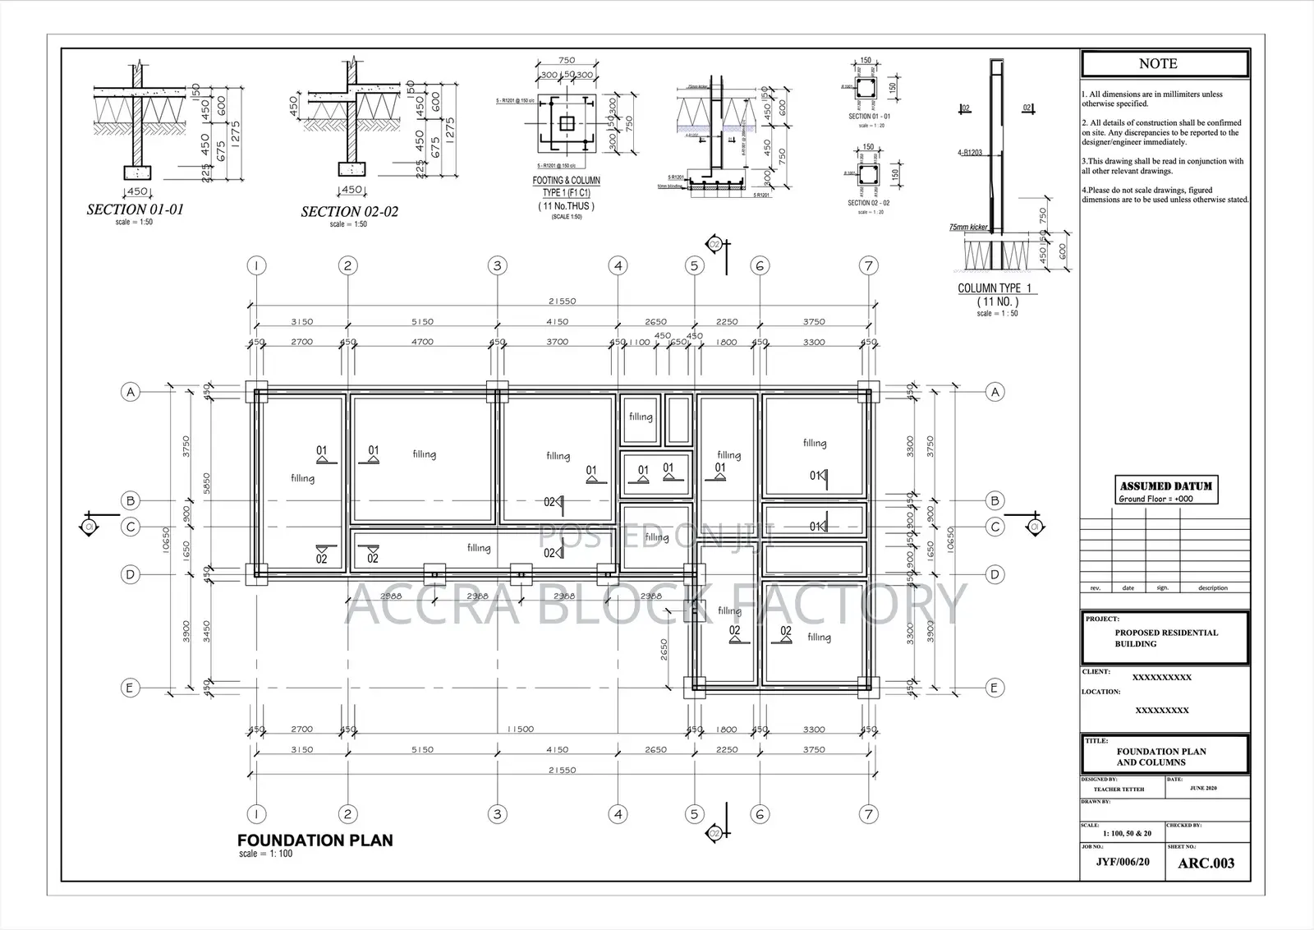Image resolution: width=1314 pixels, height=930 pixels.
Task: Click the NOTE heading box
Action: (x=1165, y=64)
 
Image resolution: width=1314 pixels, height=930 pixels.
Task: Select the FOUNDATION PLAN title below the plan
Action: (x=315, y=840)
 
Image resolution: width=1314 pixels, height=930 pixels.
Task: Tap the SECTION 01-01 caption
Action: (x=136, y=209)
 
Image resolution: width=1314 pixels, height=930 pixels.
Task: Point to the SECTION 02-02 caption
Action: (x=349, y=212)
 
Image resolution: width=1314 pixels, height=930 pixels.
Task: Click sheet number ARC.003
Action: (x=1206, y=863)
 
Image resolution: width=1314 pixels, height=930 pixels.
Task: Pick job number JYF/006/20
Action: (x=1122, y=863)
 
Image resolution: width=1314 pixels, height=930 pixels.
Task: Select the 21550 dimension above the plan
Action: (x=562, y=301)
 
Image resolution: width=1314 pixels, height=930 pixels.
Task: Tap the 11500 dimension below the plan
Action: (x=521, y=730)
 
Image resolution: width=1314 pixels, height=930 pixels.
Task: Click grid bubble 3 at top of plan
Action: (x=497, y=265)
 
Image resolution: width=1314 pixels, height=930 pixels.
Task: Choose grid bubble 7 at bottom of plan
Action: (x=868, y=814)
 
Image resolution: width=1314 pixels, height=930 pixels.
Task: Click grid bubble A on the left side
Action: (x=130, y=392)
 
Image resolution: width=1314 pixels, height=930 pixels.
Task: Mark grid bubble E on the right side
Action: (x=995, y=688)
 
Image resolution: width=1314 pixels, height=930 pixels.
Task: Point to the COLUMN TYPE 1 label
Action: (x=995, y=288)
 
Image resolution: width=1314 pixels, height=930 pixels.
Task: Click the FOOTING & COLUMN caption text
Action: (x=566, y=181)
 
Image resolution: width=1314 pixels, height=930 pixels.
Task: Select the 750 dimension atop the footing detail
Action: (x=566, y=60)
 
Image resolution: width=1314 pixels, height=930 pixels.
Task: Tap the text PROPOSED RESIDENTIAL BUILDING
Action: (x=1165, y=638)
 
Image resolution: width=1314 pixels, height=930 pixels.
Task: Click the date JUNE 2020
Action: (x=1203, y=789)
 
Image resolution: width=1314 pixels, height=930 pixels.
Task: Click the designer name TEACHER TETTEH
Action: (x=1119, y=790)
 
